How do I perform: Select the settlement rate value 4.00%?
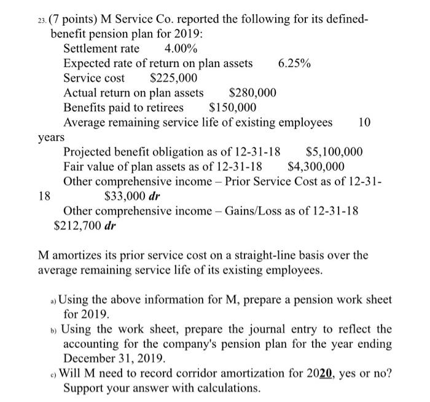pos(181,49)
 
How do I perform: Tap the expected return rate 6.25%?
pos(294,64)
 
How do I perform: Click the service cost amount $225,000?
pos(174,78)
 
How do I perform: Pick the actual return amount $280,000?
pos(252,93)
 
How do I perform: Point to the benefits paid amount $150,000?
pos(233,107)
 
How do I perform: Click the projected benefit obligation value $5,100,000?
pos(334,152)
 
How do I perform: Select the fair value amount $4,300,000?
pos(316,167)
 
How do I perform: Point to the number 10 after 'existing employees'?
pos(364,122)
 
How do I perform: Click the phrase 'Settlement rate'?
pos(101,49)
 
